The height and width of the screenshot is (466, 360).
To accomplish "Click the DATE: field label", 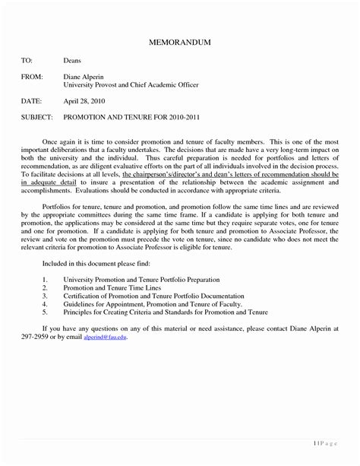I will pos(33,101).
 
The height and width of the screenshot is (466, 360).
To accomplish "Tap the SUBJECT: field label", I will pos(38,119).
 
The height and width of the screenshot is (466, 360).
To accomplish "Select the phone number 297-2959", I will pos(36,337).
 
